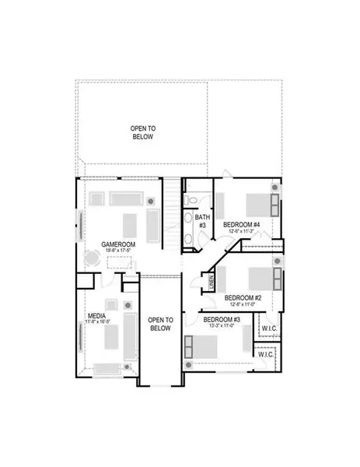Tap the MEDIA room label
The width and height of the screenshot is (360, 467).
97,317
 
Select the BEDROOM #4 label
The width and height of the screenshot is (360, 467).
240,225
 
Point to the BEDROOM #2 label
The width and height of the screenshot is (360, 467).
242,297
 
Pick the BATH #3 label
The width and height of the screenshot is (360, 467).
201,221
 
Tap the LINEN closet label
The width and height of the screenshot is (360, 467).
211,278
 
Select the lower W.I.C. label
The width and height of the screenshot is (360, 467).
267,354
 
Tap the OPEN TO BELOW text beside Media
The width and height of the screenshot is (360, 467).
159,324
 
